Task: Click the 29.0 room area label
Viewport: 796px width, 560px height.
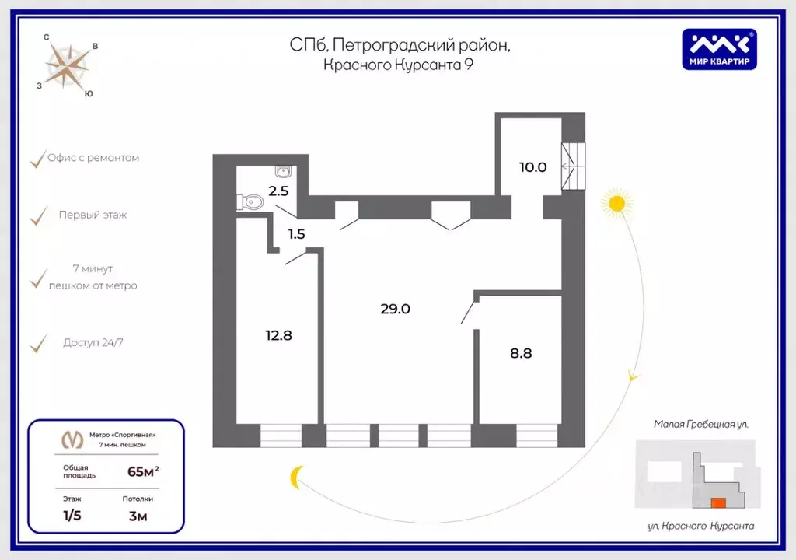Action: [395, 309]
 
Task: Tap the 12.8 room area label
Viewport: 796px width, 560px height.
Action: [278, 336]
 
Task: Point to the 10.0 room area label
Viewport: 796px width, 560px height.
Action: [533, 167]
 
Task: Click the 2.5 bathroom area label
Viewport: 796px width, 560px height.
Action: [278, 191]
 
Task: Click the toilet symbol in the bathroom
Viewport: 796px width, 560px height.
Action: [250, 202]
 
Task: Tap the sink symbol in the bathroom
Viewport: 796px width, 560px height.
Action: [282, 172]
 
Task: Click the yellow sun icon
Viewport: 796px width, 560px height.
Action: [616, 204]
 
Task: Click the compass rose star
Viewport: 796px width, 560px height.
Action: [68, 65]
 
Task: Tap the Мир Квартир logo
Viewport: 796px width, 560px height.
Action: [719, 48]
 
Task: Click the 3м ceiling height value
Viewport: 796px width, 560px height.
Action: [138, 514]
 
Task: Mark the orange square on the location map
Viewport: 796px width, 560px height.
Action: [719, 503]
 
